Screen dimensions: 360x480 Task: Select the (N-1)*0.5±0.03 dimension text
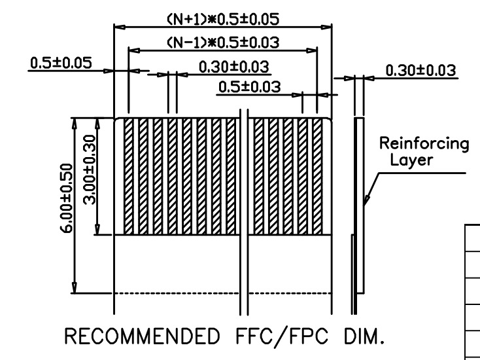pos(223,43)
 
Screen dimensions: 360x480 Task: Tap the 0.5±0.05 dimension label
pos(60,63)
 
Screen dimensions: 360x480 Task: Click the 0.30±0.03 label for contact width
pos(233,67)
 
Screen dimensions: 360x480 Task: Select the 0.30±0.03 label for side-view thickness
pos(420,70)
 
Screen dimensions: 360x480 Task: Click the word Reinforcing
pos(425,144)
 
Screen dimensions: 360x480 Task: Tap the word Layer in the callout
pos(411,160)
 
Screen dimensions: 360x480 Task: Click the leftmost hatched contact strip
pos(129,176)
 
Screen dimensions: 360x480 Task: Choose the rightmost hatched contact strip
pos(318,176)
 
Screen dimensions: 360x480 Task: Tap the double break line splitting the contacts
pos(244,209)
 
